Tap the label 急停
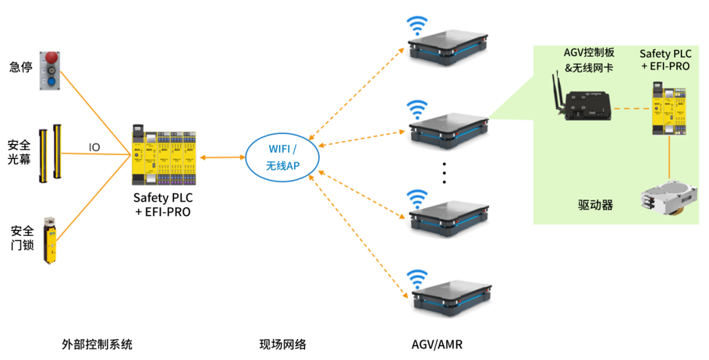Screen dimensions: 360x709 tap(20, 67)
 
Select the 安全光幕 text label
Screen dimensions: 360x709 tap(20, 151)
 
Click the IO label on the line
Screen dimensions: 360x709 tap(95, 147)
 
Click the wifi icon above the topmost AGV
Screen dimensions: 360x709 tap(415, 27)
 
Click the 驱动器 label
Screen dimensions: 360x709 tap(591, 205)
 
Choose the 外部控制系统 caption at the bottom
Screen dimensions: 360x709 tap(97, 344)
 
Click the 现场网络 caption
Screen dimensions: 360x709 tap(283, 344)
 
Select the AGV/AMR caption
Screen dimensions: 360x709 tap(437, 344)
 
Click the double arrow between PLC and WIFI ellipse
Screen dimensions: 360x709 tap(223, 158)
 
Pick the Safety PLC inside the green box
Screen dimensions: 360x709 tap(669, 108)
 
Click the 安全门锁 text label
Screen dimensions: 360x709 tap(20, 239)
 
